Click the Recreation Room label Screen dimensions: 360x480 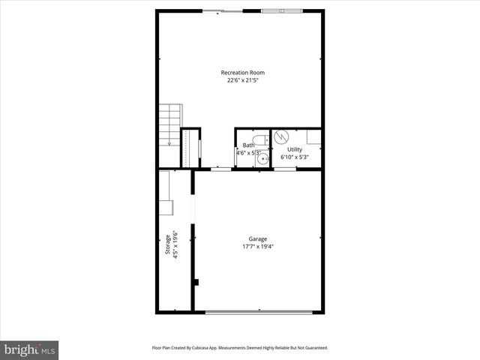[242, 73]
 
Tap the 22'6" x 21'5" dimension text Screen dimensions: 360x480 [242, 80]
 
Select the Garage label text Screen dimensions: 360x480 [258, 239]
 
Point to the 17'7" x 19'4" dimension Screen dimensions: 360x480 [258, 247]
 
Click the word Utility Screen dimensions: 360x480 [295, 150]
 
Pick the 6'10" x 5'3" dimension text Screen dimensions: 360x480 [295, 157]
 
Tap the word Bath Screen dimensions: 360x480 [248, 145]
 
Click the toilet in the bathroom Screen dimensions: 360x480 [259, 139]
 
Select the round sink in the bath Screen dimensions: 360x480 [253, 159]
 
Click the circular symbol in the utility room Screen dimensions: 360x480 [282, 136]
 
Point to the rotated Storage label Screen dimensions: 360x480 [168, 245]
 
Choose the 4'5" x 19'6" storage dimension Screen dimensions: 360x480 [175, 245]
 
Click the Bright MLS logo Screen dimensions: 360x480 [29, 349]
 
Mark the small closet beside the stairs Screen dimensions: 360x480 [190, 148]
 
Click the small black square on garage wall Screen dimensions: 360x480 [195, 282]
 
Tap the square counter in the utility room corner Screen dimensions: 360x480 [314, 136]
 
